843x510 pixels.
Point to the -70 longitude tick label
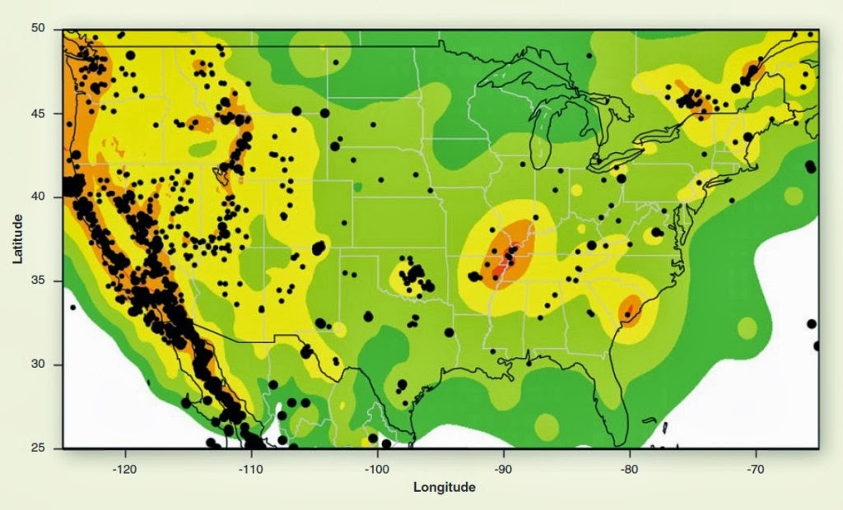pyautogui.click(x=756, y=464)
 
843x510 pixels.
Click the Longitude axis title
pyautogui.click(x=444, y=487)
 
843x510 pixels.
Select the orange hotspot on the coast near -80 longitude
pyautogui.click(x=630, y=311)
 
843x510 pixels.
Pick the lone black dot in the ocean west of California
pyautogui.click(x=72, y=308)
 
